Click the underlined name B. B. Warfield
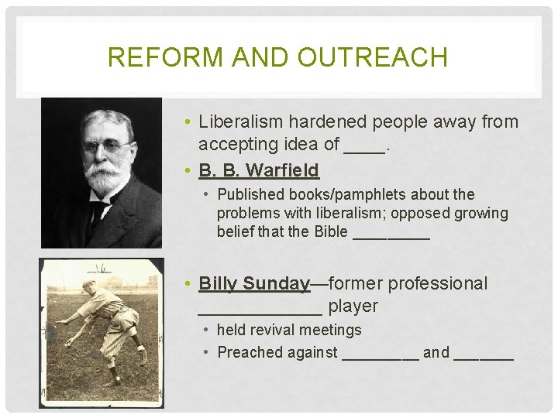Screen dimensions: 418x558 [259, 169]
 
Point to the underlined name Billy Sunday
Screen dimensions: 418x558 [254, 283]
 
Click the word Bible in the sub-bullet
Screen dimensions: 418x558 [331, 231]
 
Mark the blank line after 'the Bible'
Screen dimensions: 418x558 [391, 237]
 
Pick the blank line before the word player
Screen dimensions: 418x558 [260, 312]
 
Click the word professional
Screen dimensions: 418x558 [438, 283]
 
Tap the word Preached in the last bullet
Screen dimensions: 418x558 [250, 352]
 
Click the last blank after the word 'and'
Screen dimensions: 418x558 [484, 358]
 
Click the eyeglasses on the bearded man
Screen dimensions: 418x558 [105, 145]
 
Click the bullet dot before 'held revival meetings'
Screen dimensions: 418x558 [206, 330]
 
